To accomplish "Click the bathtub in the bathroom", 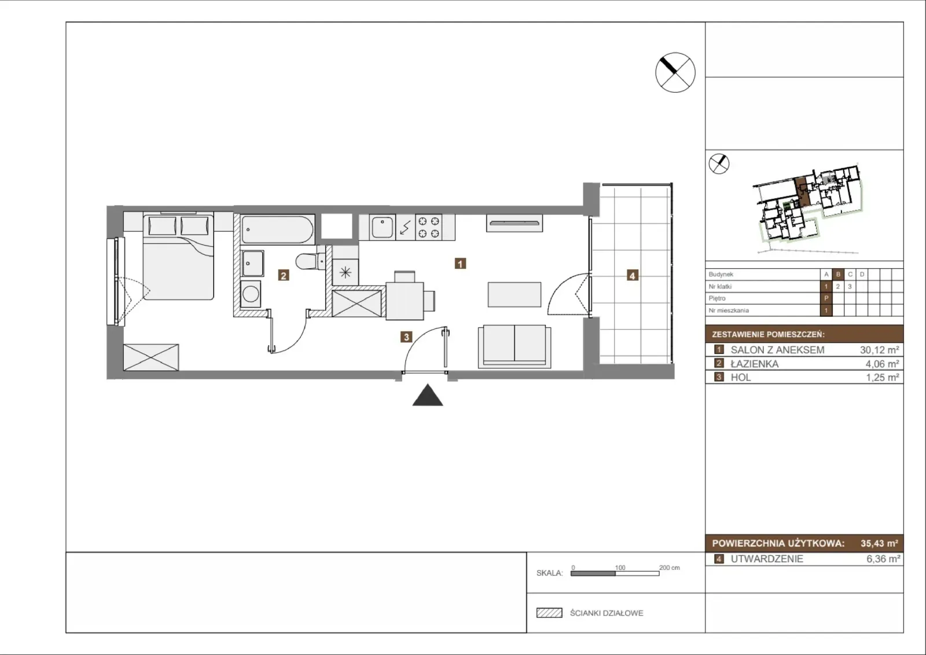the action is coord(277,229).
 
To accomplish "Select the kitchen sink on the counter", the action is coord(382,227).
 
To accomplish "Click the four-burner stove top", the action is coord(429,227).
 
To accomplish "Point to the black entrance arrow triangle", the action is coord(428,395).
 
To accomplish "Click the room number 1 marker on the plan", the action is coord(460,264).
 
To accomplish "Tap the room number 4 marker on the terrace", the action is coord(632,275).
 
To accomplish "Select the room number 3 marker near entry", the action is coord(406,337).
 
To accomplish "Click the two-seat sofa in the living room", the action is coord(515,346).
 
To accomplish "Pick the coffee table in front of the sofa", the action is coord(515,295).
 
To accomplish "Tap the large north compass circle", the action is coord(675,72).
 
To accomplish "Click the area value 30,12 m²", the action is coord(879,350).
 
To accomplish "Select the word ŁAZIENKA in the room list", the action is coord(755,364).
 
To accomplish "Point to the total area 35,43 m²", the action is coord(879,543).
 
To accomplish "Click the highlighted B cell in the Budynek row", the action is coord(838,275).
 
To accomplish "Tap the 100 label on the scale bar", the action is coord(620,568).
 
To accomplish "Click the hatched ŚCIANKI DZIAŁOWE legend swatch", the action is coord(549,613).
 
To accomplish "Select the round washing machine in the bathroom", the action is coord(251,294).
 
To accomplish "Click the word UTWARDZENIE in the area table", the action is coord(767,559).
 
